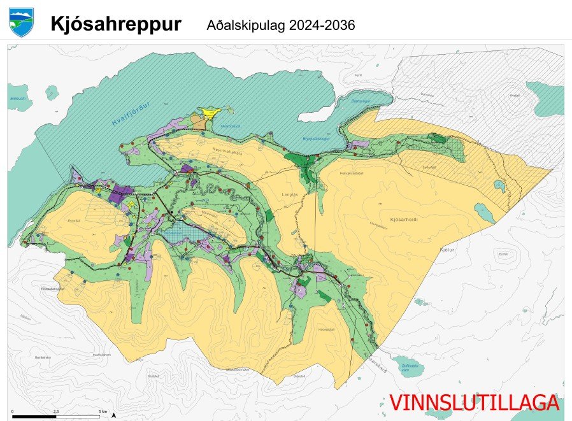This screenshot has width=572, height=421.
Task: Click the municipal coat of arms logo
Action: click(x=21, y=22)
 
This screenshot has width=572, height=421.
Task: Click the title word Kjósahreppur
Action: click(x=116, y=25)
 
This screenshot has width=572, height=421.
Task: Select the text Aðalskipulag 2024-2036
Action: click(x=280, y=25)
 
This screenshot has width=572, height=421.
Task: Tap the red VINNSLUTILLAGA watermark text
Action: click(x=474, y=403)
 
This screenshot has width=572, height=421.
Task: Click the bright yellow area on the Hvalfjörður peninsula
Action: click(x=209, y=113)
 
